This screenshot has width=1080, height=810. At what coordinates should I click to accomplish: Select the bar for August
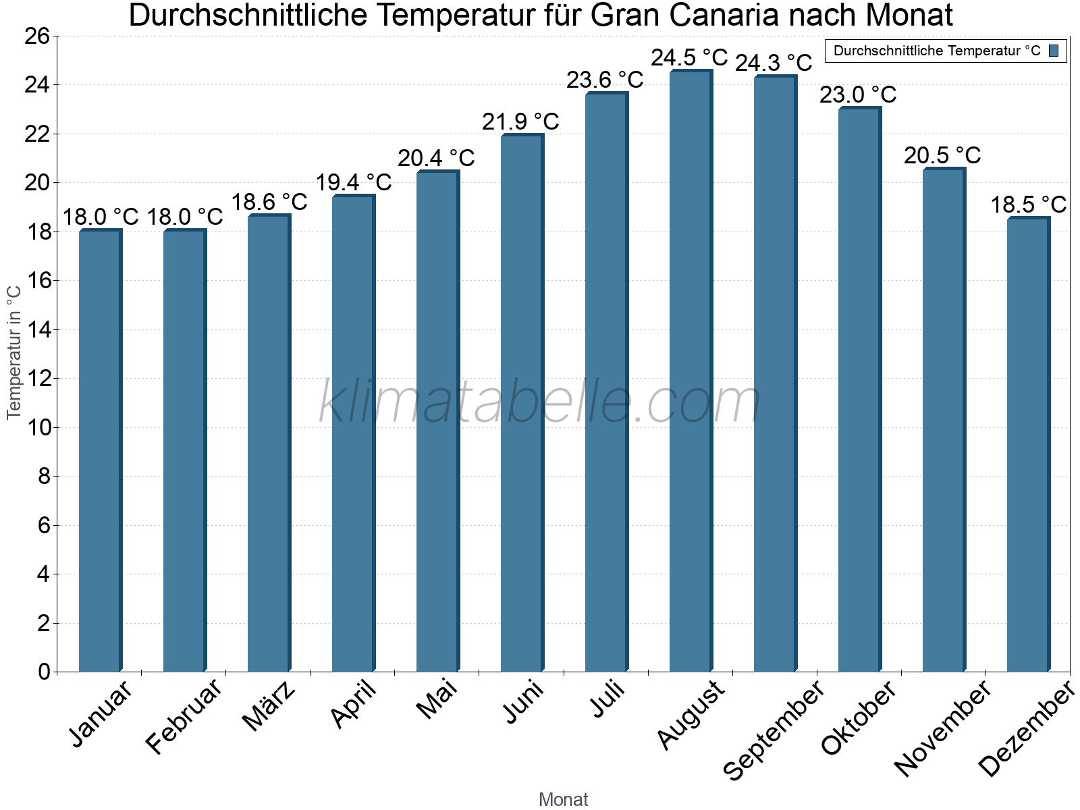tap(691, 371)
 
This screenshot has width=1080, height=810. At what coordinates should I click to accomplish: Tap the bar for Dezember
tap(1028, 445)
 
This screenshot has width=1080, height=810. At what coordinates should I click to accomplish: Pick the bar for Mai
tap(437, 421)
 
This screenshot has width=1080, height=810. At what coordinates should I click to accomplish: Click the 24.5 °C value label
tap(689, 58)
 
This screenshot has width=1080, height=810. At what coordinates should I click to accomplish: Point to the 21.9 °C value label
tap(520, 122)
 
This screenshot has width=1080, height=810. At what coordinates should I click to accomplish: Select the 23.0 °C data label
tap(858, 94)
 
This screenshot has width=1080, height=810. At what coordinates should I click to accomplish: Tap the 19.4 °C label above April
tap(354, 182)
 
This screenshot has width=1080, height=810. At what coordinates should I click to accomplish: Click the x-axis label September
tap(774, 730)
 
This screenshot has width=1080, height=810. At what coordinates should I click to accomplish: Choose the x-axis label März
tap(269, 706)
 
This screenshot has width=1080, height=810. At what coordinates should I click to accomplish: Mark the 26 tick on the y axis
tap(37, 36)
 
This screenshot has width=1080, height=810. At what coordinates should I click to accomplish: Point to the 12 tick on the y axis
tap(37, 379)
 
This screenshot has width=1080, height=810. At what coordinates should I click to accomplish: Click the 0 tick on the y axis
tap(44, 672)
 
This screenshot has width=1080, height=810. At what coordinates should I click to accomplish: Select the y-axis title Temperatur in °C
tap(14, 352)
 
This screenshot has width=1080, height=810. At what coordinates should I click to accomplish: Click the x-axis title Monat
tap(564, 800)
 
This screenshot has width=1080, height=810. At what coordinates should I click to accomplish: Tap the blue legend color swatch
tap(1054, 51)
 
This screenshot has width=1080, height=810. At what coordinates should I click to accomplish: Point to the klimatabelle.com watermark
tap(540, 403)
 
